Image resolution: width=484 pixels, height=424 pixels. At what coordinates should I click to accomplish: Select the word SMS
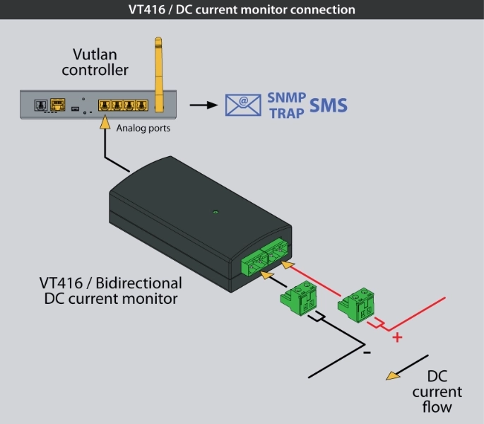pyautogui.click(x=328, y=105)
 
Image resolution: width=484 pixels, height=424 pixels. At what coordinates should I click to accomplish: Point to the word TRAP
pyautogui.click(x=286, y=112)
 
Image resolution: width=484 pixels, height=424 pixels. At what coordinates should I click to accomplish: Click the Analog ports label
pyautogui.click(x=143, y=129)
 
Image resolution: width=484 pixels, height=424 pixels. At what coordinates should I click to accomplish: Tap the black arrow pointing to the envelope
pyautogui.click(x=203, y=105)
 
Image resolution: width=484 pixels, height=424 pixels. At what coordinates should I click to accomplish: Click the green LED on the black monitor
pyautogui.click(x=216, y=211)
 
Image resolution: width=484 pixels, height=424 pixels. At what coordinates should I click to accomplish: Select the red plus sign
pyautogui.click(x=397, y=337)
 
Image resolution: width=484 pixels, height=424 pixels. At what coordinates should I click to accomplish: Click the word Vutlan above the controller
pyautogui.click(x=95, y=54)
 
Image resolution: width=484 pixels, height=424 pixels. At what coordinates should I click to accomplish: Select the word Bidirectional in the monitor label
pyautogui.click(x=137, y=283)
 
